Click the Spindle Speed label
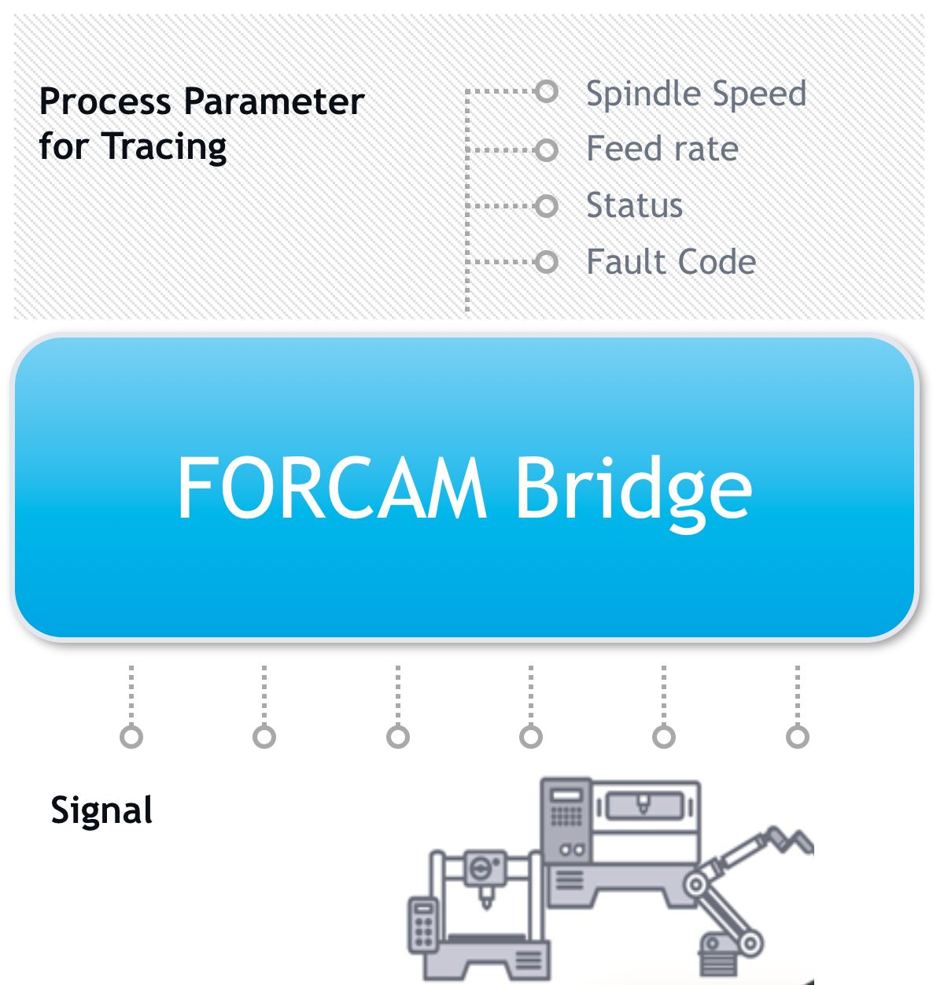[696, 94]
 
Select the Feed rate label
[662, 149]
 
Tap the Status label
[634, 205]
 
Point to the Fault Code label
[671, 262]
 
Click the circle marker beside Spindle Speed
[546, 92]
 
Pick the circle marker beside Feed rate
[546, 149]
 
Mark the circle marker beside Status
[546, 206]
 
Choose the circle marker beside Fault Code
[546, 262]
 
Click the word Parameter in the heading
[274, 101]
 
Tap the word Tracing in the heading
[164, 147]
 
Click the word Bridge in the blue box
[633, 489]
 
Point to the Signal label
[101, 810]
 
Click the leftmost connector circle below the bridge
[131, 737]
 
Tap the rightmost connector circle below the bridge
[798, 737]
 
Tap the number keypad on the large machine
[566, 817]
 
